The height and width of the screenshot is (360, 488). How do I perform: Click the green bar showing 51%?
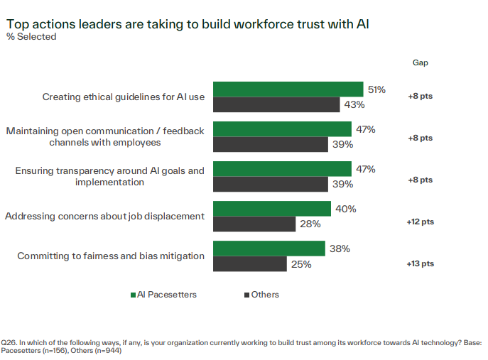(x=288, y=89)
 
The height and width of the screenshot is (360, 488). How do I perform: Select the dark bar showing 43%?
(x=276, y=105)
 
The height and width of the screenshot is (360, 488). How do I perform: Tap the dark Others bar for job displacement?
(x=254, y=224)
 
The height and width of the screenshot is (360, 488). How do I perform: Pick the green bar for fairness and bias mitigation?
(x=269, y=249)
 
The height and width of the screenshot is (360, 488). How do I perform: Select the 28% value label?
(x=311, y=224)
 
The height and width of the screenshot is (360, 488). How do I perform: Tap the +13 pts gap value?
(x=420, y=263)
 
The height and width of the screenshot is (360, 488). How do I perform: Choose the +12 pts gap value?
(x=420, y=222)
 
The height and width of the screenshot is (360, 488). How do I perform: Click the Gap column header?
(x=421, y=62)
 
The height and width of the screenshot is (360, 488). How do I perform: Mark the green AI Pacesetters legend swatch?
(x=133, y=295)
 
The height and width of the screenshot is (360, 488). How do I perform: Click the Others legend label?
(x=265, y=295)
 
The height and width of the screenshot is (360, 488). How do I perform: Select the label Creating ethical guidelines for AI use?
(x=124, y=97)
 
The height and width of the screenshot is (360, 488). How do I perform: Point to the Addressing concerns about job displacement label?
(x=105, y=216)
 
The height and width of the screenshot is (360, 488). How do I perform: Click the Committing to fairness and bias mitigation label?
(x=111, y=256)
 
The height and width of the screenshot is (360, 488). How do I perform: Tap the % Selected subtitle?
(x=31, y=37)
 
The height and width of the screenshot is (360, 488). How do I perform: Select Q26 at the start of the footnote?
(x=9, y=343)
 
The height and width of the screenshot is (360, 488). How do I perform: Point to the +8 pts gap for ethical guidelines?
(x=420, y=97)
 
